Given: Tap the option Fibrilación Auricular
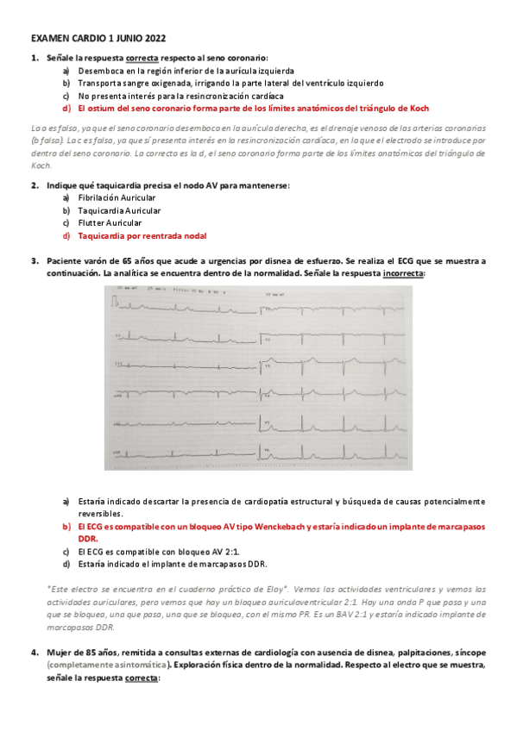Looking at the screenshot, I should pyautogui.click(x=117, y=197).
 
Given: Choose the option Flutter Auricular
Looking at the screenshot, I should pyautogui.click(x=110, y=222).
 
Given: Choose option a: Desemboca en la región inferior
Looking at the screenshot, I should pyautogui.click(x=186, y=71).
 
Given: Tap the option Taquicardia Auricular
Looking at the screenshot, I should pyautogui.click(x=118, y=210).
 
